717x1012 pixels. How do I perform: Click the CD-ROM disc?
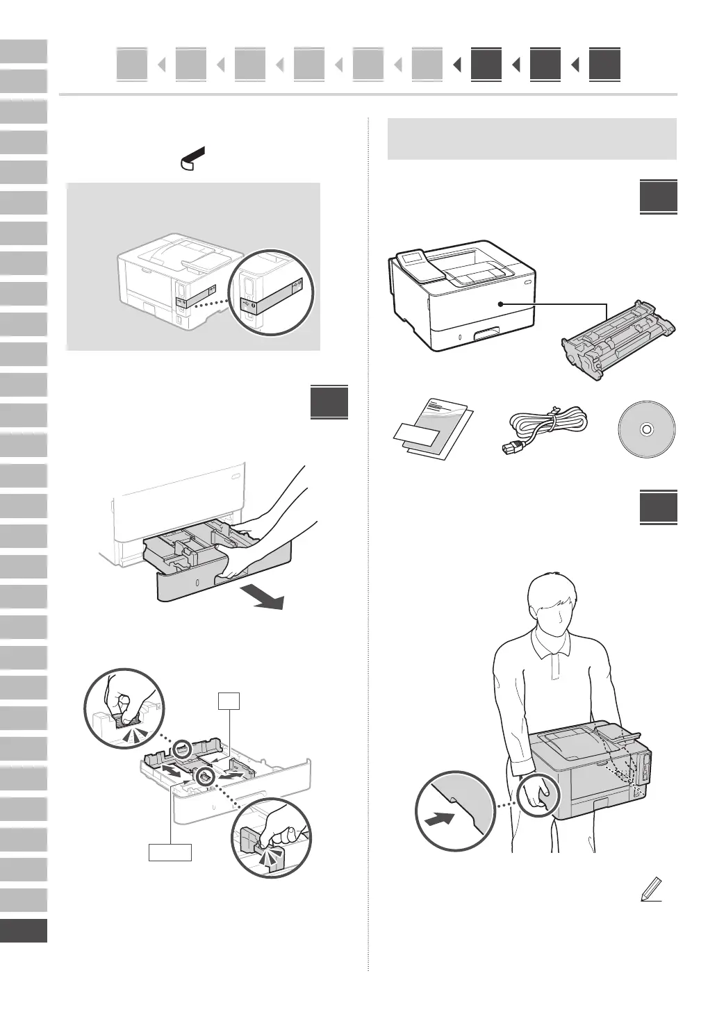tap(645, 429)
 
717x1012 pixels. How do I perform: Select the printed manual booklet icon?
tap(431, 429)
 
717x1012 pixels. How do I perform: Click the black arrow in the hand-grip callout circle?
tap(440, 819)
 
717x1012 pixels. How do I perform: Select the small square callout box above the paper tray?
tap(230, 701)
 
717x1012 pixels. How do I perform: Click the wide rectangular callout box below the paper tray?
tap(170, 851)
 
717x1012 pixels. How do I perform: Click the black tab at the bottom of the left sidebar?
tap(24, 930)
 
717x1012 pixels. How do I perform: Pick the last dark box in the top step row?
tap(604, 65)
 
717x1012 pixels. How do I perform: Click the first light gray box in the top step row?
tap(132, 65)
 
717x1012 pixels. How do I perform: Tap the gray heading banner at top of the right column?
tap(531, 138)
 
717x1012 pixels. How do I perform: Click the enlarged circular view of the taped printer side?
tap(272, 292)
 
